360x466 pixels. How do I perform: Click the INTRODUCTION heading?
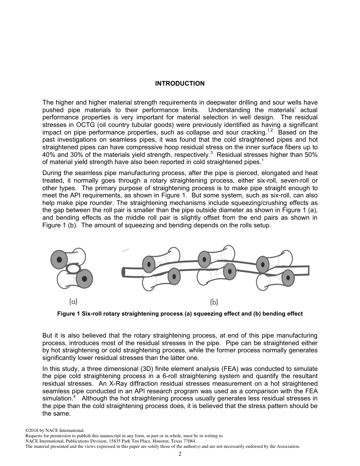(x=180, y=83)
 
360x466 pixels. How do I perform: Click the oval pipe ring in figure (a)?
(x=74, y=269)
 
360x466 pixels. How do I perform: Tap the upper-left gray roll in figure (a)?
(x=59, y=260)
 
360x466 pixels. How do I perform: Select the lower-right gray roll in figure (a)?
(x=84, y=279)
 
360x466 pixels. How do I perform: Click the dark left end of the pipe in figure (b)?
(x=123, y=272)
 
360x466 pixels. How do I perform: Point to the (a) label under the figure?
(x=73, y=302)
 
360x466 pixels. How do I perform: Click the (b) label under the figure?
(x=214, y=302)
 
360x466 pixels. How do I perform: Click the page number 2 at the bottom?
(x=180, y=454)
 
